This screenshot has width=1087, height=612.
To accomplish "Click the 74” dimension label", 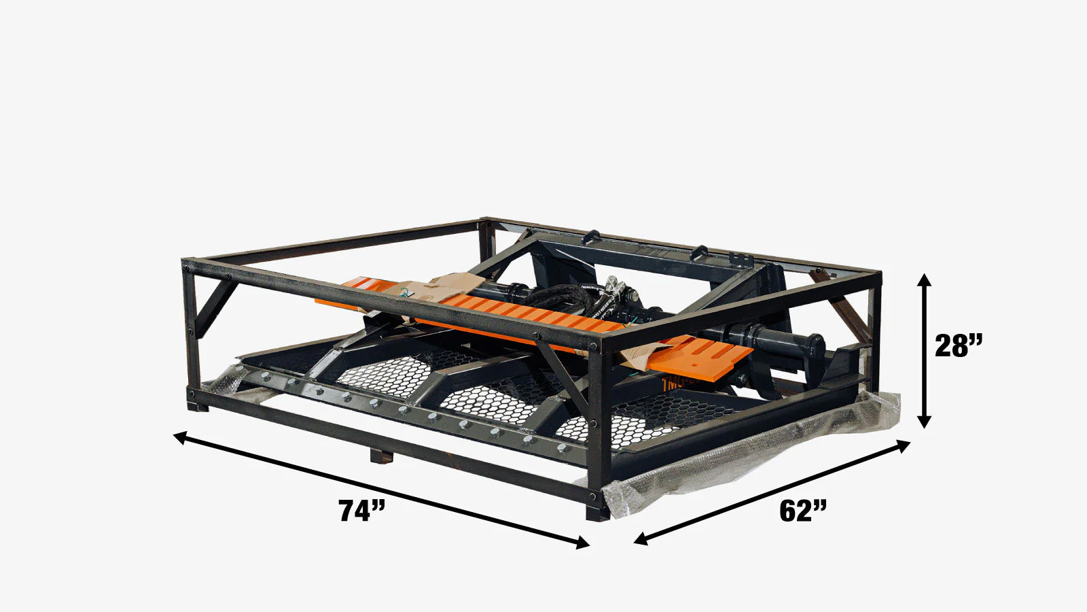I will pyautogui.click(x=361, y=510).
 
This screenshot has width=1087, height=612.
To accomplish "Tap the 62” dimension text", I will pyautogui.click(x=803, y=510).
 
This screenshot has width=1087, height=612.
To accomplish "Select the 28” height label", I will pyautogui.click(x=959, y=346).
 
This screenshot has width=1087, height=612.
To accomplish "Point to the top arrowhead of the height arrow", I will pyautogui.click(x=924, y=278).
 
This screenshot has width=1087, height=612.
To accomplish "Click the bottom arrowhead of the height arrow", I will pyautogui.click(x=924, y=422).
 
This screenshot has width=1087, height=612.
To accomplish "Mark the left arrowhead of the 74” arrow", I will pyautogui.click(x=179, y=435).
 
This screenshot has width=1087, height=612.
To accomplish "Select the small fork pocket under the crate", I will pyautogui.click(x=381, y=455).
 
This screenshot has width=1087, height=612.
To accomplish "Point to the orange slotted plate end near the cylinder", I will pyautogui.click(x=713, y=354).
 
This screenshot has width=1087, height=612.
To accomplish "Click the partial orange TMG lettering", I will pyautogui.click(x=679, y=384).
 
